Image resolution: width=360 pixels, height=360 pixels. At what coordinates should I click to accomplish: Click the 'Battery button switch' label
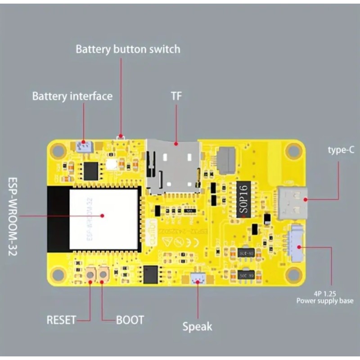click(127, 49)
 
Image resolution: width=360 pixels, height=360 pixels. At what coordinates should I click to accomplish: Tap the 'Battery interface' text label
click(72, 96)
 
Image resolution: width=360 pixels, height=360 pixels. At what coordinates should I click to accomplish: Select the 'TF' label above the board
click(176, 96)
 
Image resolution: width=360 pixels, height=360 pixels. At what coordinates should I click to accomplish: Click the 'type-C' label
click(341, 150)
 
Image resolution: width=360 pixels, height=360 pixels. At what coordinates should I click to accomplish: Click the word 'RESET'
click(62, 320)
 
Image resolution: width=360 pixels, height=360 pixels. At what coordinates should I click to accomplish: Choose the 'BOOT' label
click(130, 320)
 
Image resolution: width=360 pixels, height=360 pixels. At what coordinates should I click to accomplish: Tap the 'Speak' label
click(197, 326)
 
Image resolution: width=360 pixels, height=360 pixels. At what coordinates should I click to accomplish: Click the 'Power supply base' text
click(324, 301)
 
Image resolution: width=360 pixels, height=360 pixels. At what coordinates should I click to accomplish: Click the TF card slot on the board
click(174, 166)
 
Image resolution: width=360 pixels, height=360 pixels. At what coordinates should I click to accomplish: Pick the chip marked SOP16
click(243, 198)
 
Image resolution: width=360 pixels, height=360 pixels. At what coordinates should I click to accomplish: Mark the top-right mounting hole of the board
click(294, 150)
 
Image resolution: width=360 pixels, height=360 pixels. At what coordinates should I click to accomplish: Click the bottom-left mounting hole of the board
click(58, 273)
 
